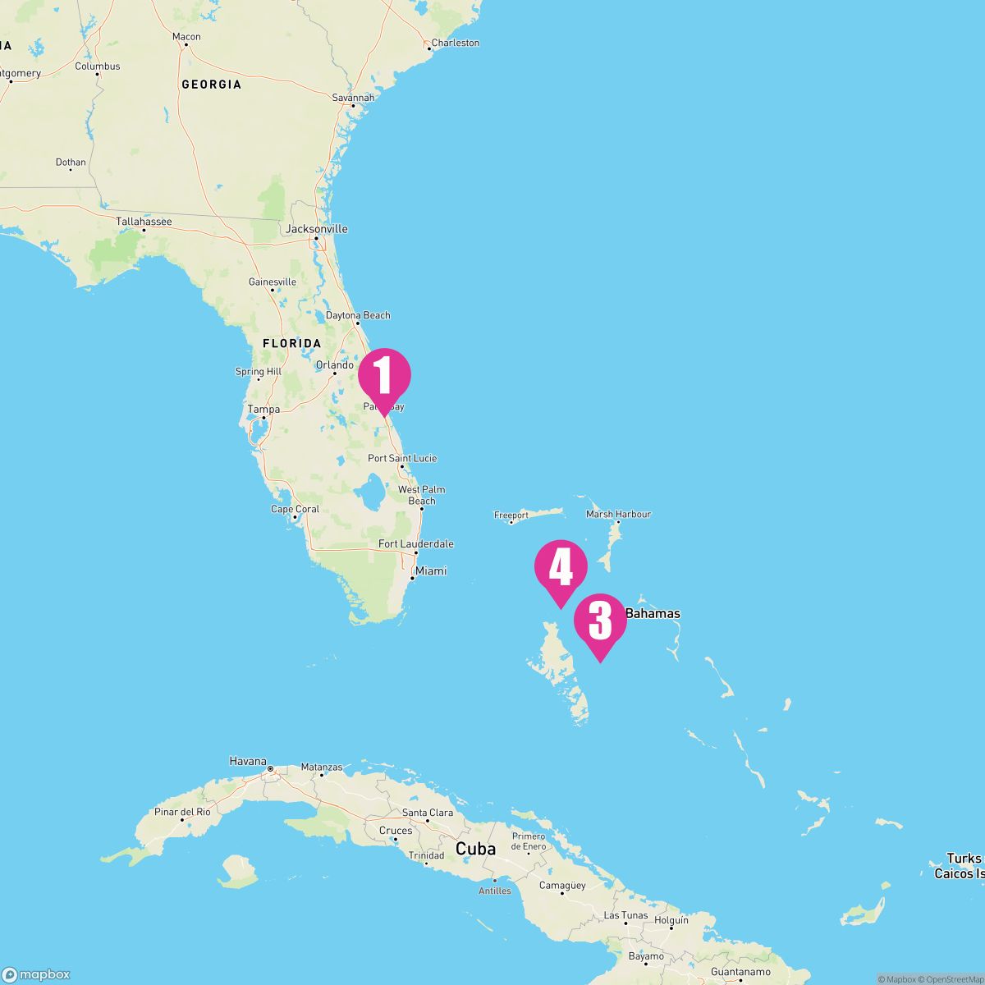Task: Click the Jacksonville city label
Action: [x=316, y=229]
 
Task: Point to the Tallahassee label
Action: [x=144, y=222]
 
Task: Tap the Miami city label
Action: [x=431, y=570]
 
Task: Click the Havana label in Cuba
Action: [x=248, y=761]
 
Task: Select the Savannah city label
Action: [x=353, y=98]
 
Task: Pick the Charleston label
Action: [x=455, y=43]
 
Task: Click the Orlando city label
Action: [x=334, y=364]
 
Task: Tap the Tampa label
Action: [x=263, y=409]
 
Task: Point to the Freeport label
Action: [x=511, y=515]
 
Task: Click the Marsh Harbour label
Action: [x=618, y=514]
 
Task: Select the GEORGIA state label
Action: [x=211, y=84]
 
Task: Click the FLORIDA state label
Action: [x=291, y=343]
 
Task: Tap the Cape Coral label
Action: [x=295, y=509]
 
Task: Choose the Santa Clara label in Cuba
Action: [x=427, y=813]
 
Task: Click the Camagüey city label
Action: [x=562, y=885]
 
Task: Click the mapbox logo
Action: [x=36, y=974]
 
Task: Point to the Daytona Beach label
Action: [x=358, y=315]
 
